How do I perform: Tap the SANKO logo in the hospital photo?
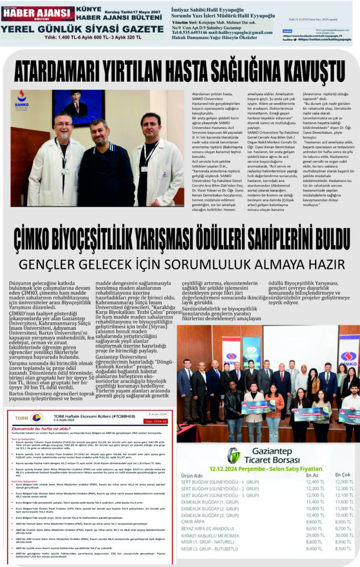22,99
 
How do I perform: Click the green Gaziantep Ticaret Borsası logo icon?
234,455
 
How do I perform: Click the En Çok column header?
343,475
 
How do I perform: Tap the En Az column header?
312,475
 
